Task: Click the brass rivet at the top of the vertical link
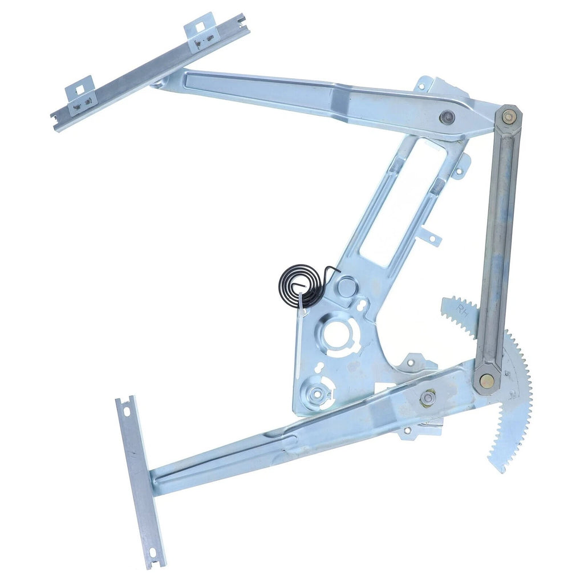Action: pyautogui.click(x=508, y=116)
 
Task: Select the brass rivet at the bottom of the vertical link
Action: pyautogui.click(x=486, y=381)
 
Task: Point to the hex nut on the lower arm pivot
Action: pyautogui.click(x=427, y=398)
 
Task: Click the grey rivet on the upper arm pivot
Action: pyautogui.click(x=447, y=118)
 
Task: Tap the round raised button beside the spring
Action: pyautogui.click(x=346, y=286)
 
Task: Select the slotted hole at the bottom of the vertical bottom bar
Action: pyautogui.click(x=153, y=553)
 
